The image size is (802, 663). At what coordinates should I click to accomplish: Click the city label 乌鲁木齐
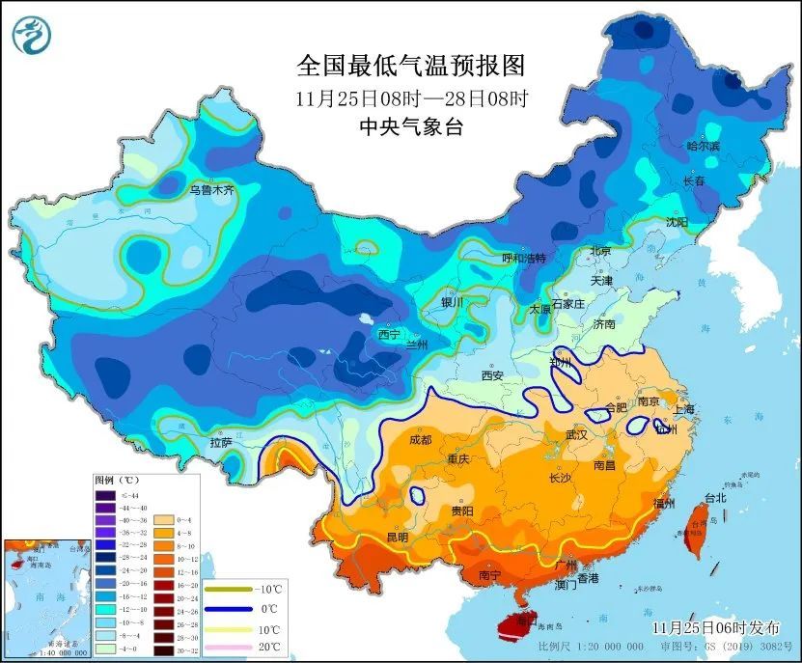click(x=211, y=191)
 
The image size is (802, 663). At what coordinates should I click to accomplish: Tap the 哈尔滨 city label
click(x=704, y=146)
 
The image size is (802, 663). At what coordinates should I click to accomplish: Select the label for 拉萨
click(x=220, y=443)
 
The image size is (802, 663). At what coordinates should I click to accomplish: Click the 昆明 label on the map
click(x=397, y=537)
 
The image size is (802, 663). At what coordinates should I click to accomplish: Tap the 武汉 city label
click(x=575, y=435)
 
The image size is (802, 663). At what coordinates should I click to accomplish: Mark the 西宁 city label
click(x=389, y=335)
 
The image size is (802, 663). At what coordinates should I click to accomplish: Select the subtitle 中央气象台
click(x=410, y=126)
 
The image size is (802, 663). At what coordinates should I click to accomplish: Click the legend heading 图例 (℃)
click(x=117, y=480)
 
